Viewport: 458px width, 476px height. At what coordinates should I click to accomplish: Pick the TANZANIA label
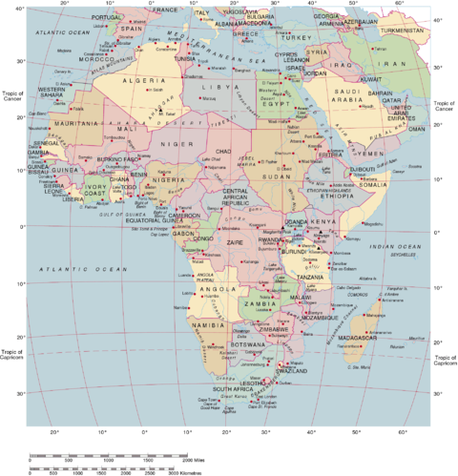309,277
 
